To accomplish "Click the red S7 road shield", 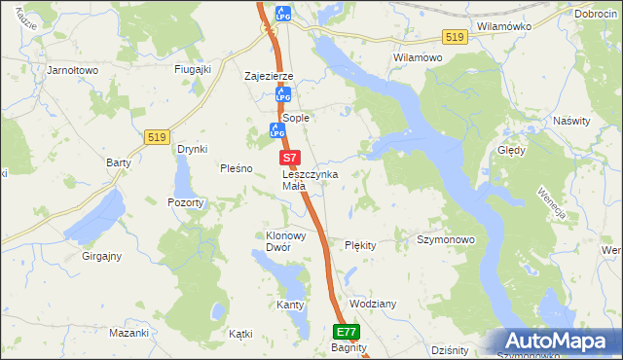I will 289,157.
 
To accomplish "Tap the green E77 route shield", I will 348,331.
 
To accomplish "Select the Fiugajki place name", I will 193,70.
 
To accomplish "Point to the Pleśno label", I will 237,167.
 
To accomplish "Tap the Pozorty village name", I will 185,202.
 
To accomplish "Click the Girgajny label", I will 101,256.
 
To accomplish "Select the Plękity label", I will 360,245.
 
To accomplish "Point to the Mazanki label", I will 128,333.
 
